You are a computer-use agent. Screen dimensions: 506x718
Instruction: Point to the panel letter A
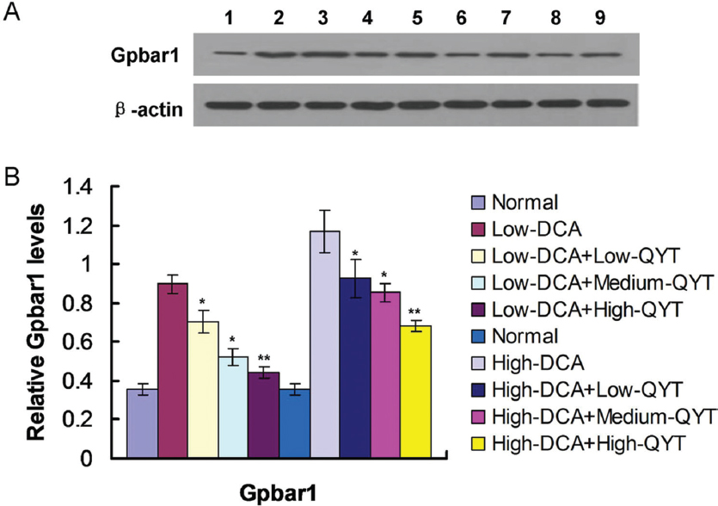click(x=14, y=13)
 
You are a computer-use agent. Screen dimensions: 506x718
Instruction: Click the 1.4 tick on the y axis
click(x=96, y=188)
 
